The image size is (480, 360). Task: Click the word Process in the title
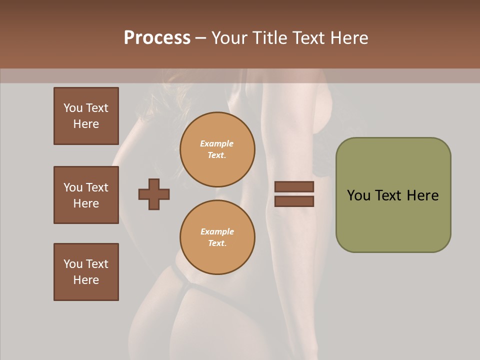click(157, 38)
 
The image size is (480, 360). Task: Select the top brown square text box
click(86, 116)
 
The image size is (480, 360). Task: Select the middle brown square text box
click(86, 195)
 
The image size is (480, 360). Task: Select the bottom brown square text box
click(86, 272)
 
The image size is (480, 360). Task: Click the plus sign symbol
click(154, 194)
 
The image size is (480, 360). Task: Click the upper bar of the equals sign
click(294, 187)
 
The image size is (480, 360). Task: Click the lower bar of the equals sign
click(294, 201)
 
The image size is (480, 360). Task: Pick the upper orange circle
click(217, 149)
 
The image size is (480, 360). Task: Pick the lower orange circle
click(217, 237)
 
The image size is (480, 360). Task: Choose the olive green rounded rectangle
click(393, 195)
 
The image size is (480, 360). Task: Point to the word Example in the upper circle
click(216, 143)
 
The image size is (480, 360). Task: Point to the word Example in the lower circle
click(217, 231)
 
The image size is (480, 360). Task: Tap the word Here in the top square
click(86, 124)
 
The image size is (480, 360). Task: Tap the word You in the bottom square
click(73, 264)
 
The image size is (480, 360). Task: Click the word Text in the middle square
click(96, 187)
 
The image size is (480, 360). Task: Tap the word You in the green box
click(358, 195)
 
